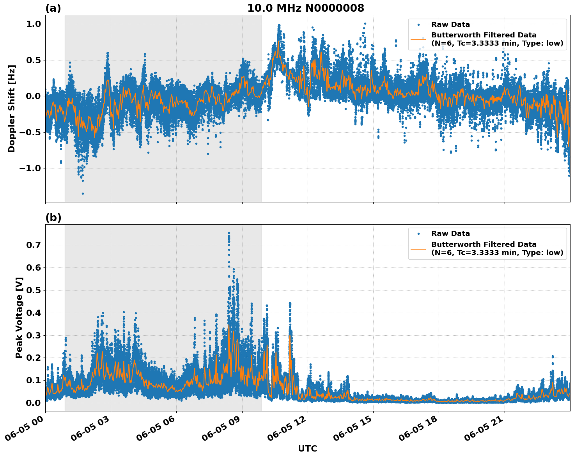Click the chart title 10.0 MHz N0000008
tap(305, 8)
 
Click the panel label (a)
tap(53, 8)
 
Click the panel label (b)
tap(53, 218)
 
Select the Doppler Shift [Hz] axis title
tap(12, 108)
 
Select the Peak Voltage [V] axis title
tap(19, 317)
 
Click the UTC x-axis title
tap(307, 448)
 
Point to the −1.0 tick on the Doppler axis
tap(30, 168)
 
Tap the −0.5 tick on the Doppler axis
tap(30, 133)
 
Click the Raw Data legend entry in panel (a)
tap(450, 25)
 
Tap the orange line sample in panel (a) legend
tap(418, 39)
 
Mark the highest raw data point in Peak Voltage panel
tap(229, 233)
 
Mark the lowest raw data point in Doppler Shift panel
tap(83, 193)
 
